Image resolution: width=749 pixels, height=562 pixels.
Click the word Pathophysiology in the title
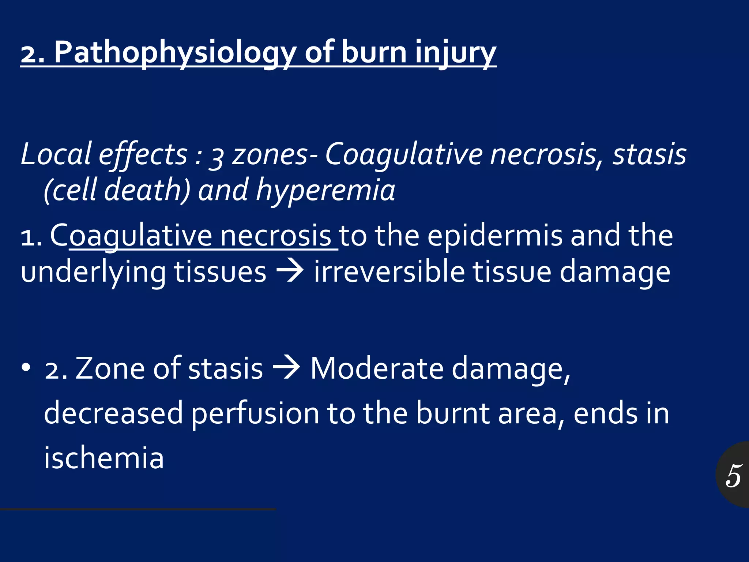point(175,53)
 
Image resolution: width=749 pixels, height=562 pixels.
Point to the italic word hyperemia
point(325,190)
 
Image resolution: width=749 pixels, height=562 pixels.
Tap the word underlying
point(93,273)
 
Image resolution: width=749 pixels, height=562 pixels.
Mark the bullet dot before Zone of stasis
point(26,367)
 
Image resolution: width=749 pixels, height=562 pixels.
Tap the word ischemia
point(104,458)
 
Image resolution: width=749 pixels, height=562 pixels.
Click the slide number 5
point(734,475)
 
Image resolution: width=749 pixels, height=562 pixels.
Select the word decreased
point(113,413)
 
